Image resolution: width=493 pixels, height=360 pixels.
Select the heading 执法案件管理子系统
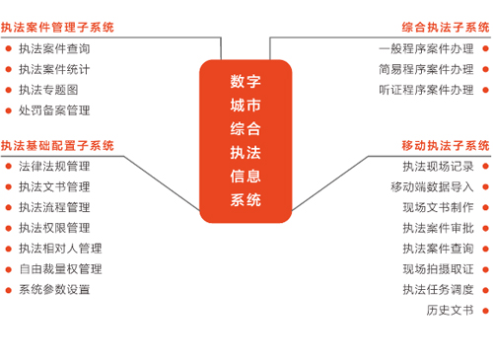tap(57, 27)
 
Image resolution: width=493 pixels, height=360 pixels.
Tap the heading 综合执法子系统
tap(446, 27)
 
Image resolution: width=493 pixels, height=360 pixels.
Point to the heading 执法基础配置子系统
tap(57, 145)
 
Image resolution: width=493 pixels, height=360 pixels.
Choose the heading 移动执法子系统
tap(446, 145)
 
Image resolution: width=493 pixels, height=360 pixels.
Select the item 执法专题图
tap(48, 90)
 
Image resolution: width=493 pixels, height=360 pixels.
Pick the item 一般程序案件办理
tap(426, 48)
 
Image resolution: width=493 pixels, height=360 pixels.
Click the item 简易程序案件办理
tap(426, 69)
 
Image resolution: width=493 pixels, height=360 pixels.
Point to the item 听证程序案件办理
tap(426, 90)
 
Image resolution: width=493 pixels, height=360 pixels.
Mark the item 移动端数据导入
tap(432, 186)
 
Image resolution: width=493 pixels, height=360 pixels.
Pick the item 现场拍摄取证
tap(438, 269)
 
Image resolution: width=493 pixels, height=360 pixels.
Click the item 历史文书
tap(450, 311)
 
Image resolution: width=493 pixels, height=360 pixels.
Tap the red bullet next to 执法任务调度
tap(485, 290)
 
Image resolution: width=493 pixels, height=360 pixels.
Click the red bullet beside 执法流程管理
tap(8, 207)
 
